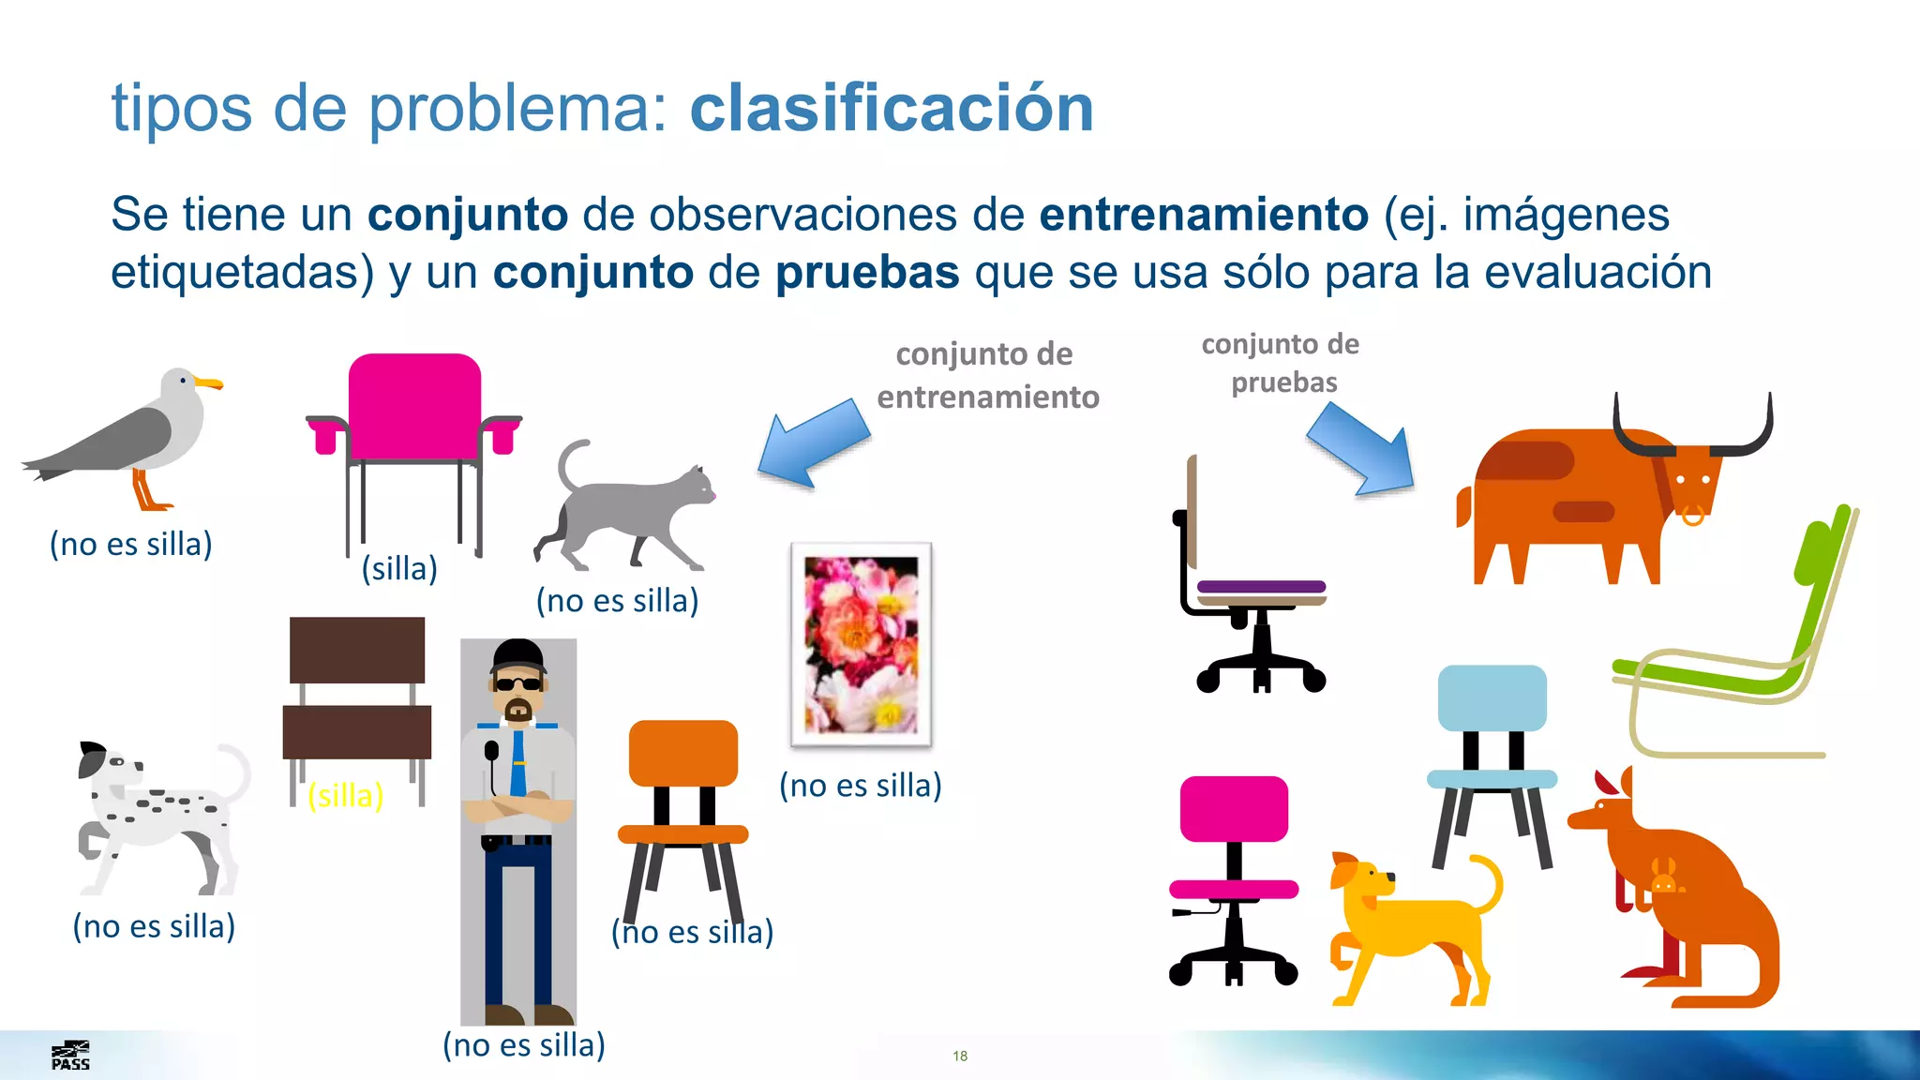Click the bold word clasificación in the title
pos(892,108)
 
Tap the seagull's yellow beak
pos(208,382)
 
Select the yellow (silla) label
pos(346,795)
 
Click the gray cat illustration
pos(626,511)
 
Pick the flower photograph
pos(861,644)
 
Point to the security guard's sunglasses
pos(517,683)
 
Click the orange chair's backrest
pos(682,753)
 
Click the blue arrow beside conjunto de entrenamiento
pos(813,443)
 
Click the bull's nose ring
pos(1693,515)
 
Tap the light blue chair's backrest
pos(1492,697)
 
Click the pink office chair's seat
pos(1234,889)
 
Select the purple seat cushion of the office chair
pos(1261,587)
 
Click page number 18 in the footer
pos(960,1056)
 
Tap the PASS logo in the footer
pos(70,1056)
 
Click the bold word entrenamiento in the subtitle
pos(1203,214)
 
